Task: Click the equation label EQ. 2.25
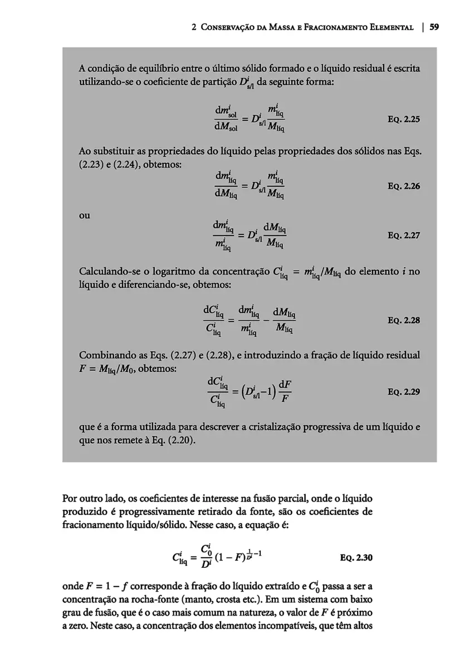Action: (403, 119)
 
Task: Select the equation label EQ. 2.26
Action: (403, 186)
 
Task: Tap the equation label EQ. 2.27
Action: (403, 235)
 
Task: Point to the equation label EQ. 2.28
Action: (403, 321)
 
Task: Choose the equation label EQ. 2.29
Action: (403, 391)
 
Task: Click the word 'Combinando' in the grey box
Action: (105, 356)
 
